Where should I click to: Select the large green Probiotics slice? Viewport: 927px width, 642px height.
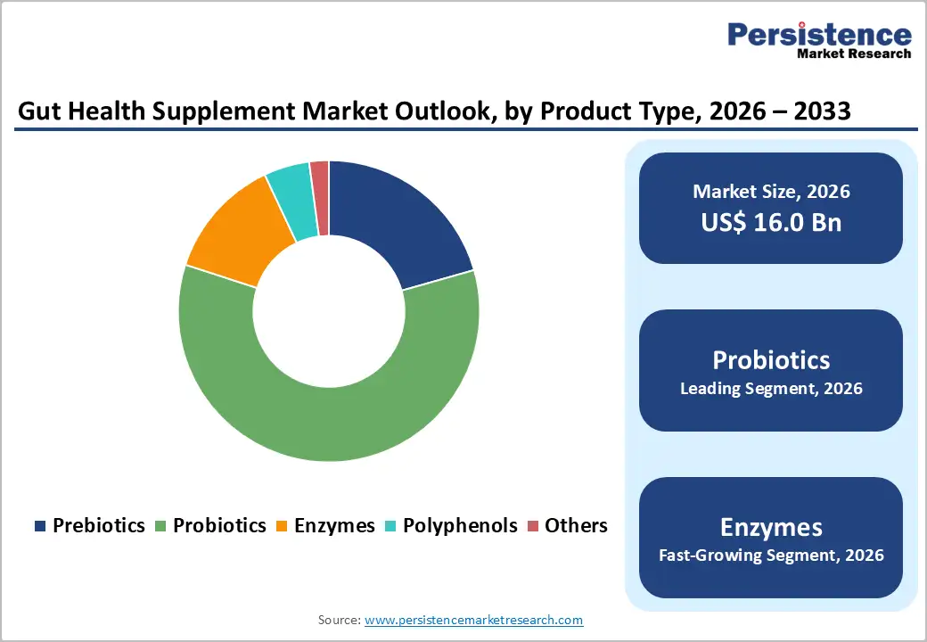tap(330, 424)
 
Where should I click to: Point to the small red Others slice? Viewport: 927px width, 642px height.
tap(320, 198)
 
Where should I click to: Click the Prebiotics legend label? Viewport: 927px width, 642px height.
tap(98, 525)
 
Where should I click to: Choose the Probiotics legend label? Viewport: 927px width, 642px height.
tap(219, 525)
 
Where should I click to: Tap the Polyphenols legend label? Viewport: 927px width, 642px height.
tap(460, 525)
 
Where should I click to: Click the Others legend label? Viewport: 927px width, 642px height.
tap(576, 525)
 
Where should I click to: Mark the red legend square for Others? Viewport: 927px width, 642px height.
tap(533, 526)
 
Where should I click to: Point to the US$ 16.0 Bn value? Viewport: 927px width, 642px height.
tap(771, 222)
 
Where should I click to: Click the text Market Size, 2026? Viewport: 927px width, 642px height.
tap(771, 192)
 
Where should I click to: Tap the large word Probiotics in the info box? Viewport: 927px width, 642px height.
tap(771, 359)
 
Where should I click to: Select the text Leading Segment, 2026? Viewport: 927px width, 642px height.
tap(771, 389)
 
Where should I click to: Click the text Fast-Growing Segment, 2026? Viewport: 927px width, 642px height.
tap(771, 556)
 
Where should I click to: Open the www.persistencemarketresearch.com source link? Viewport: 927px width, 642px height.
tap(473, 620)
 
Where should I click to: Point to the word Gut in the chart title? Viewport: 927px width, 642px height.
tap(38, 111)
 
